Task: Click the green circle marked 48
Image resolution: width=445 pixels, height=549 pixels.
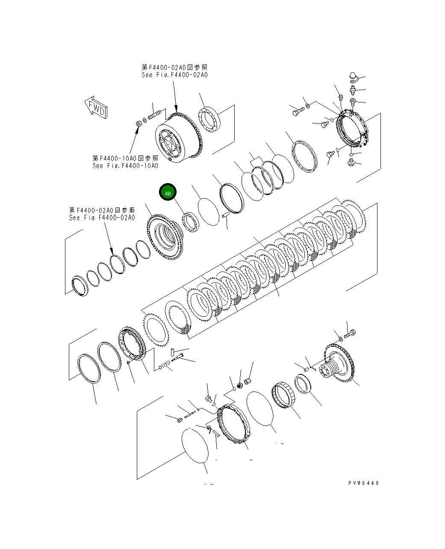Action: (x=168, y=193)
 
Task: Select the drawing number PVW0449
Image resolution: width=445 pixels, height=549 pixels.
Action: (x=363, y=483)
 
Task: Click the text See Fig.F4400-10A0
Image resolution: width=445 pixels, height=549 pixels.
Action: (x=125, y=166)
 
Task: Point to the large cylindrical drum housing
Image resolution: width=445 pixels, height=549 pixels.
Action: (x=177, y=139)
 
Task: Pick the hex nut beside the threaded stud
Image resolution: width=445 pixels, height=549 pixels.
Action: (x=139, y=123)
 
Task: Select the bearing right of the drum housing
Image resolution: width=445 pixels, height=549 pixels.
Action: (x=209, y=119)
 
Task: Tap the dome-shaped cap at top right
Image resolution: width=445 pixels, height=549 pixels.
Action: (x=353, y=76)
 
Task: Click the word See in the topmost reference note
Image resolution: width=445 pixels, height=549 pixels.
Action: (x=148, y=75)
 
